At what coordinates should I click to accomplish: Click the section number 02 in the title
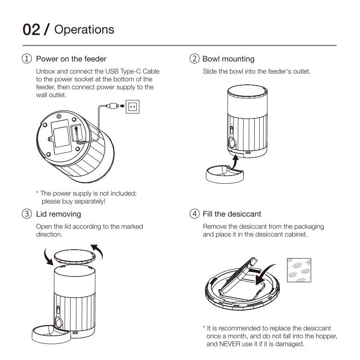pyautogui.click(x=31, y=30)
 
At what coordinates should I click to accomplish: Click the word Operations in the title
pyautogui.click(x=84, y=30)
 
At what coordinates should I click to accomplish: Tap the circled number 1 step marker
pyautogui.click(x=27, y=58)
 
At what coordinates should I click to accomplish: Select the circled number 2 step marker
pyautogui.click(x=194, y=58)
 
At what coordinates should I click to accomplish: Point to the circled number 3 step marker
pyautogui.click(x=27, y=214)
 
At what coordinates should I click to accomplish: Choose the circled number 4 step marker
pyautogui.click(x=194, y=214)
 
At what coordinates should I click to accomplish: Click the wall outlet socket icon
pyautogui.click(x=132, y=107)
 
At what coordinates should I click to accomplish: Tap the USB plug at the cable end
pyautogui.click(x=113, y=106)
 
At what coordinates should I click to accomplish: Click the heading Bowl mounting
pyautogui.click(x=228, y=59)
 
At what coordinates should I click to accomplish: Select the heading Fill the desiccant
pyautogui.click(x=232, y=214)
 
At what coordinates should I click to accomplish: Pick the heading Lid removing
pyautogui.click(x=58, y=214)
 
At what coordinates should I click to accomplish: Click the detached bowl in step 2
pyautogui.click(x=225, y=175)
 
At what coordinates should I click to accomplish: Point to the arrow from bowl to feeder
pyautogui.click(x=234, y=163)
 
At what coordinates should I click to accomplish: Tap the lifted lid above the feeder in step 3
pyautogui.click(x=75, y=256)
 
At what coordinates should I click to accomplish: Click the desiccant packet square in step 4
pyautogui.click(x=299, y=270)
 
